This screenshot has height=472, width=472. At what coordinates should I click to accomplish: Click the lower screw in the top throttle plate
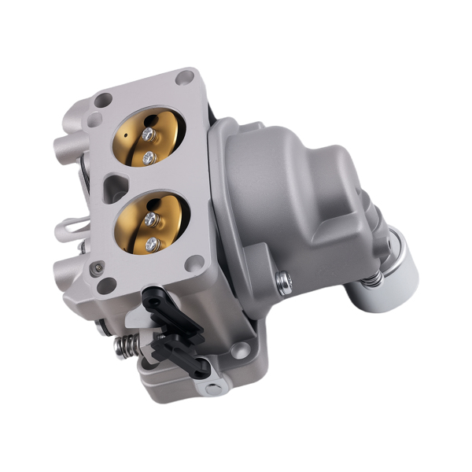(147, 158)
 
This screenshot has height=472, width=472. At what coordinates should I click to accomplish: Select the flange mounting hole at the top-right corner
(186, 78)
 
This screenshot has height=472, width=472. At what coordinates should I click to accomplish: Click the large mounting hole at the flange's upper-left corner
(102, 100)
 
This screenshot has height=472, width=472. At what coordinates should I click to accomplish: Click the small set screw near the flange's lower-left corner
(96, 267)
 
